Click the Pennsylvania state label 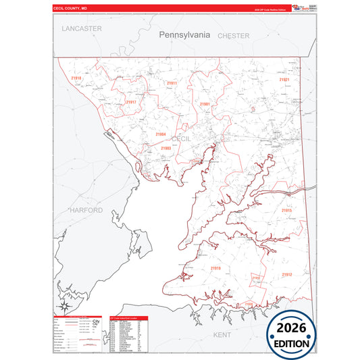[x=184, y=34]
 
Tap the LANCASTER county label [x=81, y=28]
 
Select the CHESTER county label [x=234, y=35]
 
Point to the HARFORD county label [x=86, y=210]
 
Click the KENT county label [x=222, y=334]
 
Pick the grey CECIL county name [x=182, y=138]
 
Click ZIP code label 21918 [x=76, y=78]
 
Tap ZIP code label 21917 [x=131, y=102]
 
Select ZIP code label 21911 [x=172, y=84]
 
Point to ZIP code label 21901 [x=205, y=104]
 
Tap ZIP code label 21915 [x=287, y=211]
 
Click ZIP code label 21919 [x=215, y=268]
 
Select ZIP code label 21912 [x=287, y=274]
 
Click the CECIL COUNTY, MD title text [x=71, y=7]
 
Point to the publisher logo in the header [x=300, y=7]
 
